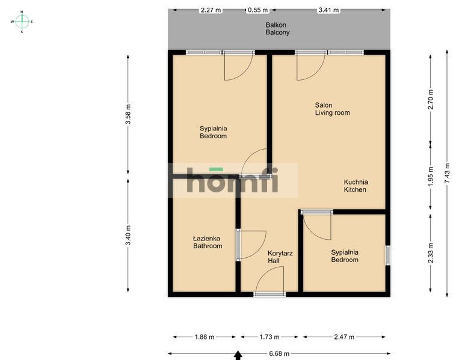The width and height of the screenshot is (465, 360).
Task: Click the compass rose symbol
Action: coord(22,22)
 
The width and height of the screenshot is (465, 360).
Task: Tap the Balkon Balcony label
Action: coord(277,29)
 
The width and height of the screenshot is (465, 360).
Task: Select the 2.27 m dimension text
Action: coord(211,10)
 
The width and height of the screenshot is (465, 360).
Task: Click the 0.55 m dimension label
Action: coord(257,10)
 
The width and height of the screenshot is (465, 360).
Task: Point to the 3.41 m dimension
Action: coord(328,10)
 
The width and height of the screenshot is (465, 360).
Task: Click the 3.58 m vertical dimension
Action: coord(128,115)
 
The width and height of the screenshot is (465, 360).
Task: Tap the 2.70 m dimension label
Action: coord(430,99)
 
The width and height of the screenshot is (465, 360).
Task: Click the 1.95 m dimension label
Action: coord(430,177)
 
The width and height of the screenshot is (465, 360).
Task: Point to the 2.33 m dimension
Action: coord(430,253)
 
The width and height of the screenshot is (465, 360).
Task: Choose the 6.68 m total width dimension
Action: coord(279,354)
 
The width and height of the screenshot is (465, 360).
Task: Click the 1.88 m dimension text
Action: coord(203,337)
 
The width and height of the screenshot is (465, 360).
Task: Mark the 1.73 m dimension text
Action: coord(271,337)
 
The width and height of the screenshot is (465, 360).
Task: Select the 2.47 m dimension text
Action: coord(343,337)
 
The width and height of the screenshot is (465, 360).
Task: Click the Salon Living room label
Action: coord(332,109)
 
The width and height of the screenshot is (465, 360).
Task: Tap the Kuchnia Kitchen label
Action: coord(356,186)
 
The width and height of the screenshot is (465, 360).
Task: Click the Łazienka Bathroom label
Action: coord(208,242)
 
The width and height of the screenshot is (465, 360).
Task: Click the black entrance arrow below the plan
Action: coord(238,356)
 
